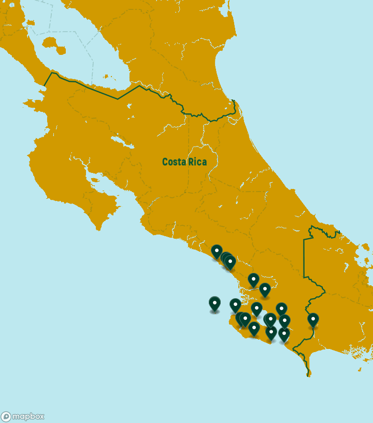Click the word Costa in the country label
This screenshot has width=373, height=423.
(x=174, y=162)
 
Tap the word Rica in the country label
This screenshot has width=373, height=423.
(x=197, y=162)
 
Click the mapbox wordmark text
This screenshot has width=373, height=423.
(x=28, y=416)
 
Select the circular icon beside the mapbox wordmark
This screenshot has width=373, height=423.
(x=6, y=417)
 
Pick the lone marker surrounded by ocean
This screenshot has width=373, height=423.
(x=214, y=303)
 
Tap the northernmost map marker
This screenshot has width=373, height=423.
(x=217, y=252)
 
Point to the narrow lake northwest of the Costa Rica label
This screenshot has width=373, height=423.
(x=118, y=140)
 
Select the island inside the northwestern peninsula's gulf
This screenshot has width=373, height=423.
(x=94, y=181)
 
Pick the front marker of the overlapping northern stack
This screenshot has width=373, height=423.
(x=230, y=262)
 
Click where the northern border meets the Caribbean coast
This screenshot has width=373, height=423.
(x=234, y=100)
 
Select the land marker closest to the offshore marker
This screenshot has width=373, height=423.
(x=235, y=305)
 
